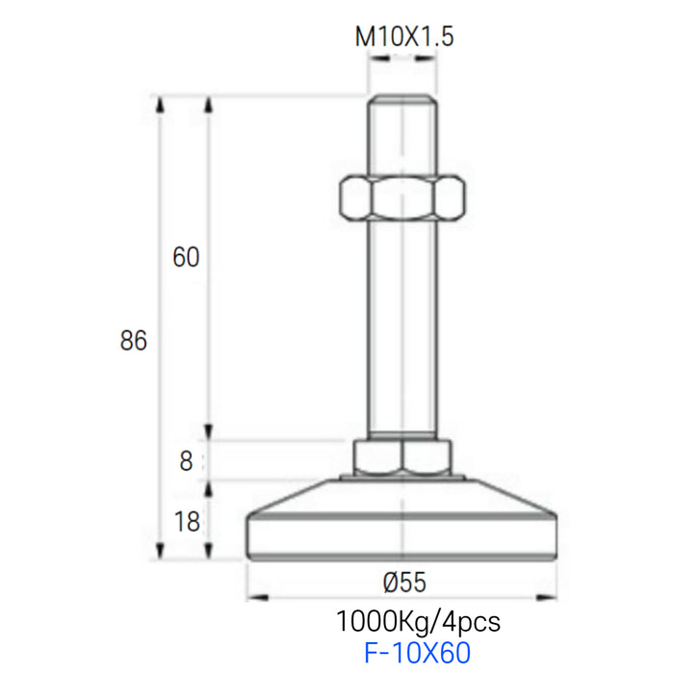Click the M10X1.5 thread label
coord(403,37)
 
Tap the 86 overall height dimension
coord(133,341)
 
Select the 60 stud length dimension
coord(186,257)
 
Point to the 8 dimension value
coord(186,461)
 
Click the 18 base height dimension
coord(187,522)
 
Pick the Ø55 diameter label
coord(404,583)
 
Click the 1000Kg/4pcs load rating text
coord(418,622)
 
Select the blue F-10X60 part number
coord(417,653)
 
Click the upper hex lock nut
coord(402,197)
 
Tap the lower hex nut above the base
coord(402,457)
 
